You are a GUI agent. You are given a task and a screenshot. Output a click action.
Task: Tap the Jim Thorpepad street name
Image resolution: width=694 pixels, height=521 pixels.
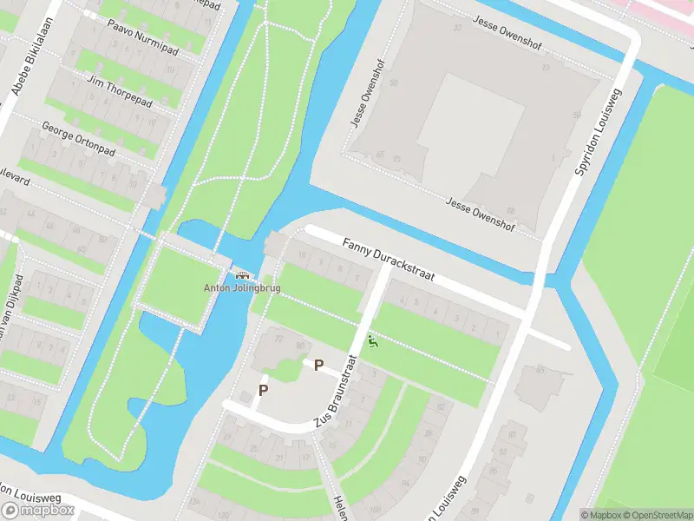point(119,90)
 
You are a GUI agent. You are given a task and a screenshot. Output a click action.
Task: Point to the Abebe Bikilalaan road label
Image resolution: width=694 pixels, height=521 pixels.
point(23,79)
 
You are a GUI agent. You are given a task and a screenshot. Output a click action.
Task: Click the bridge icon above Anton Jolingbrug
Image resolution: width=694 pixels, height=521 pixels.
point(240,274)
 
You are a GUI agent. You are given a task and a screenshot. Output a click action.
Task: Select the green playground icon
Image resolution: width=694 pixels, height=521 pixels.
point(373,342)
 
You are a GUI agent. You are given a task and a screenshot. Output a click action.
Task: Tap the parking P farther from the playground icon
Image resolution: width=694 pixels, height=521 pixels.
point(263,390)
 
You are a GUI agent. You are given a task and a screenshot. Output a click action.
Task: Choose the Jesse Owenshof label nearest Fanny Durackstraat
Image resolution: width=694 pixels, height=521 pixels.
point(480,214)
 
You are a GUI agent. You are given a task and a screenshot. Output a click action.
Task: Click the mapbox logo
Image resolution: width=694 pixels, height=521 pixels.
point(38,510)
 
